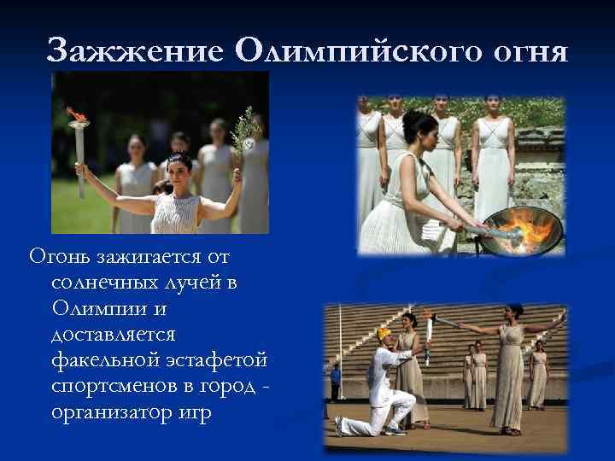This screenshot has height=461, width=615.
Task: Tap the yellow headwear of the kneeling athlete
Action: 384,332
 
